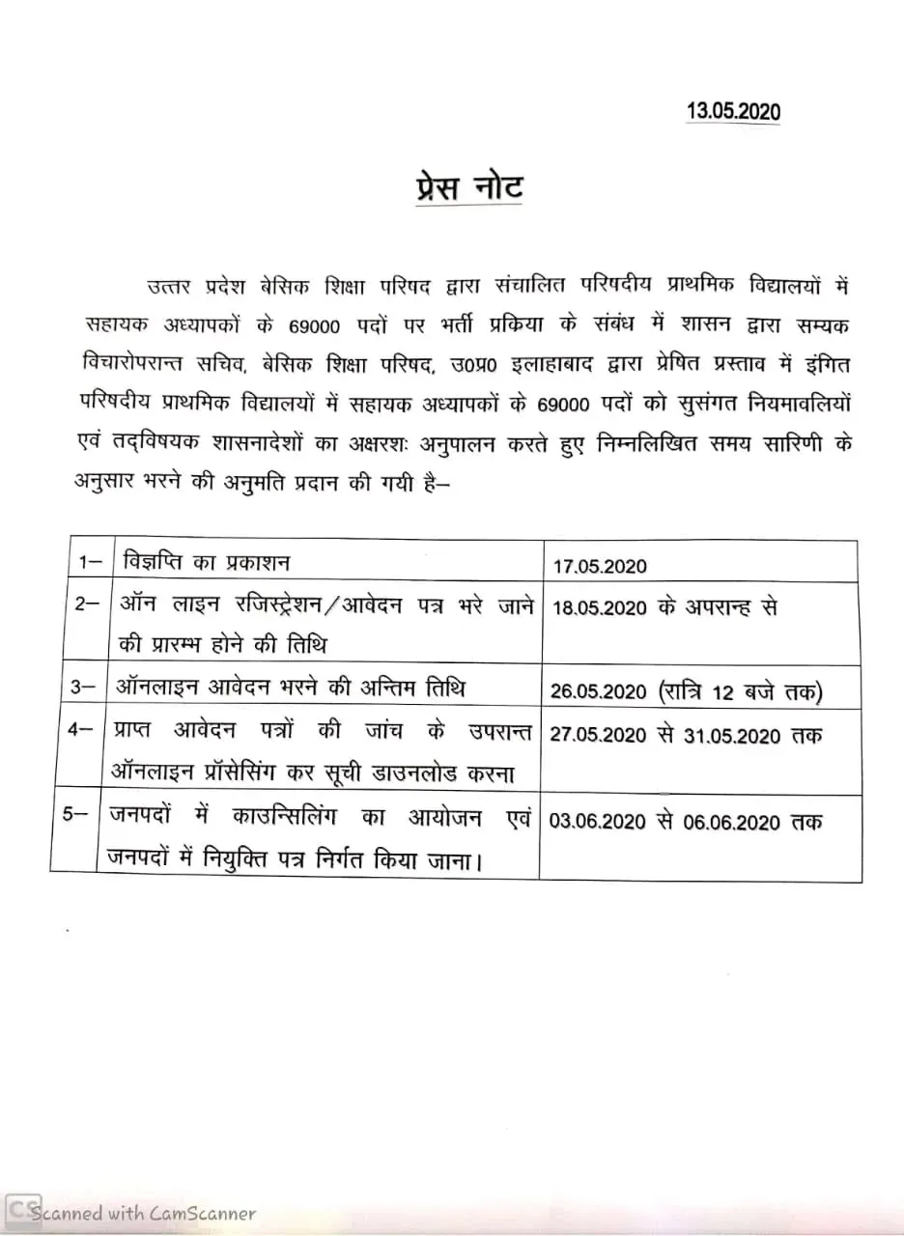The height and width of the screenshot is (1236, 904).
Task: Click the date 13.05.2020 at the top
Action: (x=733, y=111)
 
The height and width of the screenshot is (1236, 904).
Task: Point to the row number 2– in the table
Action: (x=85, y=604)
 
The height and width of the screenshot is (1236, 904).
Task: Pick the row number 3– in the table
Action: (x=85, y=688)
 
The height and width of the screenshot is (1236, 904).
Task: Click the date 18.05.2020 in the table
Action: (x=598, y=607)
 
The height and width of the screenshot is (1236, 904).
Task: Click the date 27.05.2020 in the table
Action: (x=598, y=735)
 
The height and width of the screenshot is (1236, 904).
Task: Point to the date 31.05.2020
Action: (x=732, y=735)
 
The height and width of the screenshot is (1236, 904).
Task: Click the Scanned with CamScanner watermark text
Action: (x=145, y=1213)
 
